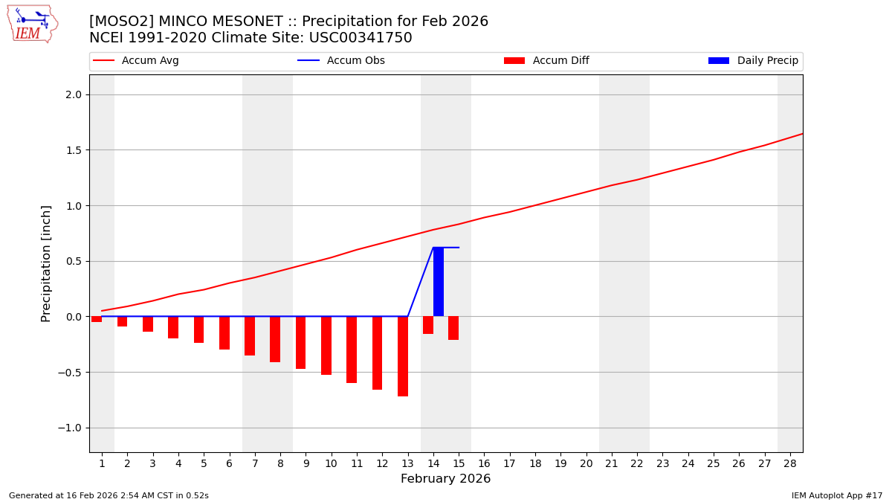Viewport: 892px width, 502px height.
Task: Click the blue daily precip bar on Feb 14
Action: [439, 283]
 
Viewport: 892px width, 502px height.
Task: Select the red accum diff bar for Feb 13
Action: [403, 356]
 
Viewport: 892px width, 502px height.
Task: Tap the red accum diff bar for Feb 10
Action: [326, 345]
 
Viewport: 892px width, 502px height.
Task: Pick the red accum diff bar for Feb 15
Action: [453, 328]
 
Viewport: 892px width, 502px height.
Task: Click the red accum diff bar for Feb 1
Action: [97, 319]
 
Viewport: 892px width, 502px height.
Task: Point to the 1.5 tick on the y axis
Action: [74, 150]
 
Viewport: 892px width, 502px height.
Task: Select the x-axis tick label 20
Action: [586, 463]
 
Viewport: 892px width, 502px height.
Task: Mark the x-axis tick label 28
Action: [789, 463]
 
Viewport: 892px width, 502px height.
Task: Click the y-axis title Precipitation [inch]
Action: [46, 263]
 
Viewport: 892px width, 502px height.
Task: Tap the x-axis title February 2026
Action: [445, 479]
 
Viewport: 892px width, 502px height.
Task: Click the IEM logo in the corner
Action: [32, 24]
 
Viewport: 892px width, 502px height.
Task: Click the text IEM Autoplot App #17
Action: [836, 495]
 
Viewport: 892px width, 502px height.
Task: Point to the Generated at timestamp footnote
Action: [109, 495]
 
